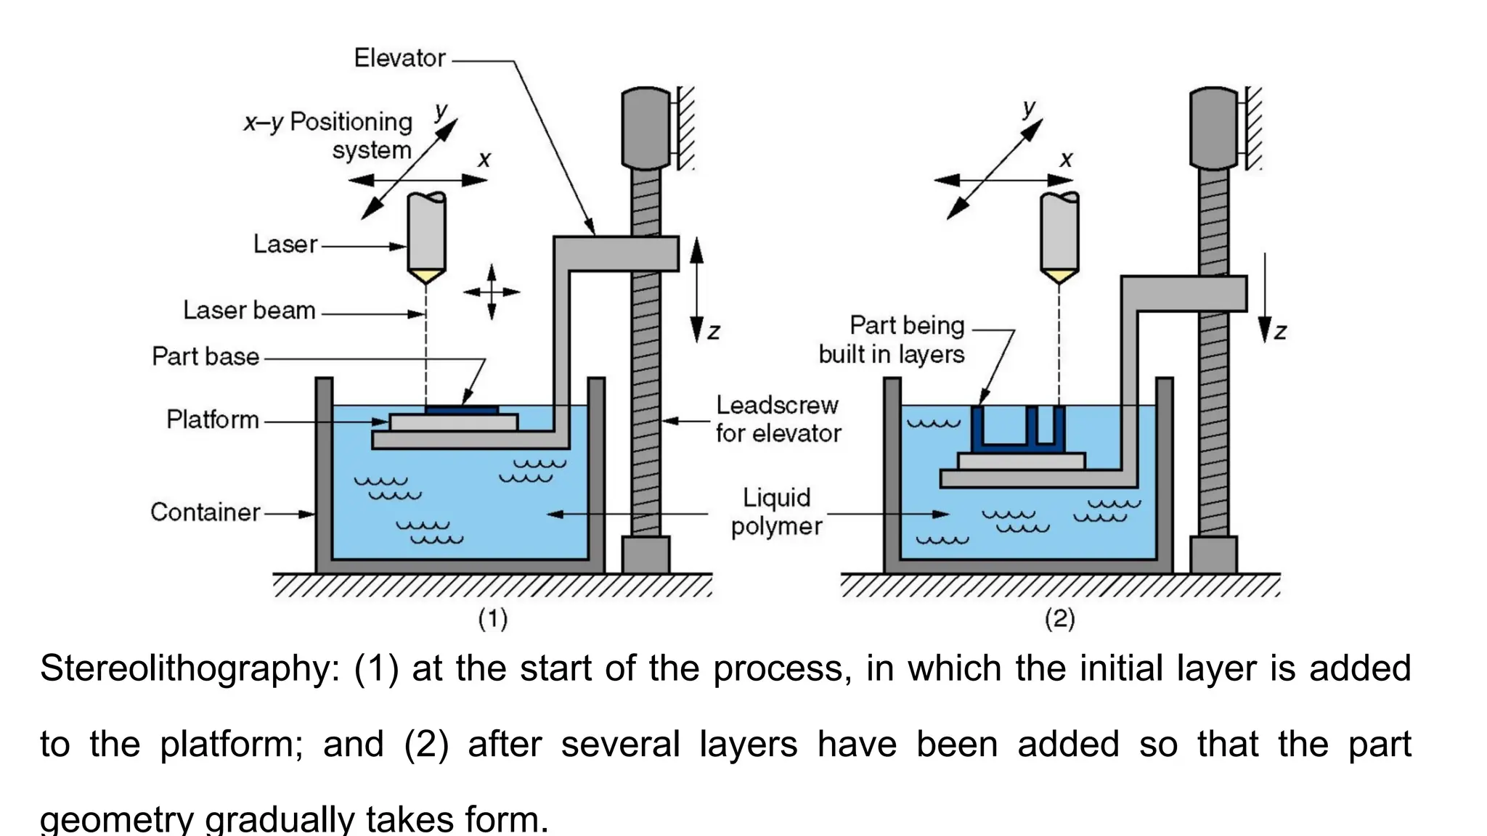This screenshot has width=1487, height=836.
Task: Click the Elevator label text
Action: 399,58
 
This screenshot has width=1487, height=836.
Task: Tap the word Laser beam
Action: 249,311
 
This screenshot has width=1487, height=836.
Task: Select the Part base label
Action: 205,356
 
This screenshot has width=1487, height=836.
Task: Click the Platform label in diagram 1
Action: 213,419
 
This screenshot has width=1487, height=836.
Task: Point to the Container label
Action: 205,512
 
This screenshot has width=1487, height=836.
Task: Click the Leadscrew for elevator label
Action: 777,419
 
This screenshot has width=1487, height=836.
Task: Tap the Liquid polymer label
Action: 776,512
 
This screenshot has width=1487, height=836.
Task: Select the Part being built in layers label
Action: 892,340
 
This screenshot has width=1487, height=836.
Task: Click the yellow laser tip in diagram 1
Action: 426,275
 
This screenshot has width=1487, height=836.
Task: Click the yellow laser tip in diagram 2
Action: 1059,275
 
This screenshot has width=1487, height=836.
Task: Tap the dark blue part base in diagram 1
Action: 462,410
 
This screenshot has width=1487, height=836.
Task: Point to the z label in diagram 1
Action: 714,332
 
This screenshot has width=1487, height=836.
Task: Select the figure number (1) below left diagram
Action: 492,619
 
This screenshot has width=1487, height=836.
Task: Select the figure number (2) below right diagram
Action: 1059,619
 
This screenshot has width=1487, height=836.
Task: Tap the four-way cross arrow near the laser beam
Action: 492,292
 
